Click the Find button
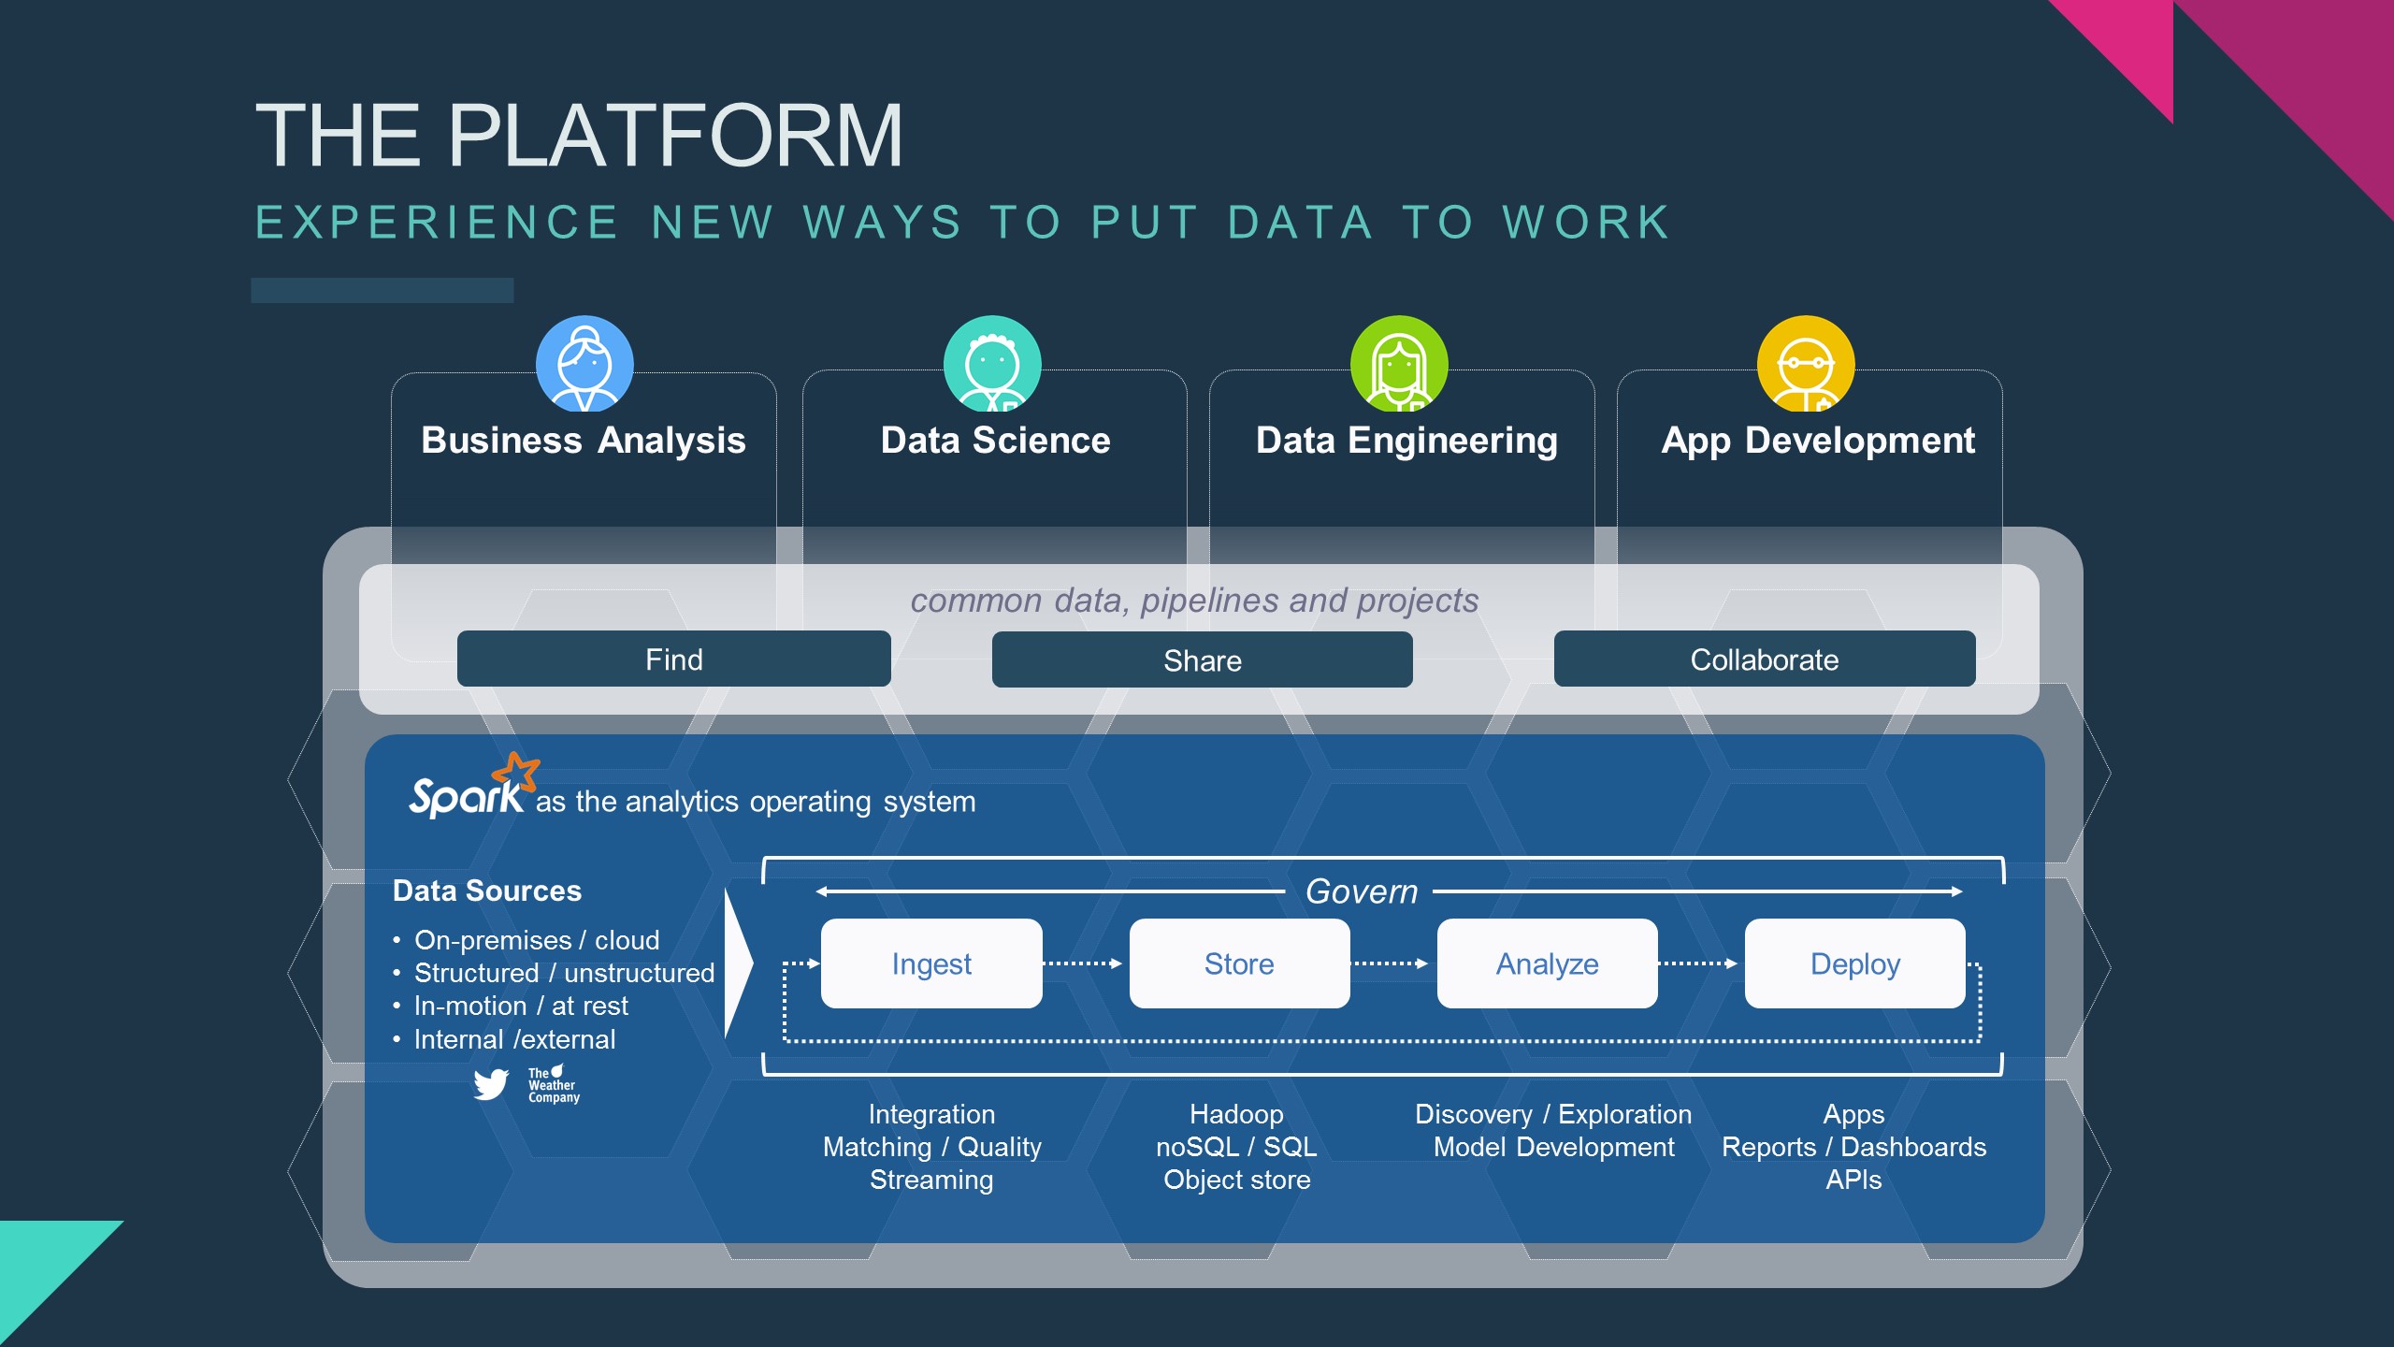[x=673, y=659]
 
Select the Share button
[x=1202, y=660]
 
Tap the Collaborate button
[x=1764, y=659]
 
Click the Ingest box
[x=931, y=963]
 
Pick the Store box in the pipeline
[x=1239, y=963]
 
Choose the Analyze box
[x=1547, y=963]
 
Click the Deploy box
[x=1854, y=963]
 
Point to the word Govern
[x=1361, y=891]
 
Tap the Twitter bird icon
[x=491, y=1084]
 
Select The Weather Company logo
[x=553, y=1085]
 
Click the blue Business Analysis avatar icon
[x=584, y=364]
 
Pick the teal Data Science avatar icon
[x=992, y=364]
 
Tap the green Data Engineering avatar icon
[x=1399, y=364]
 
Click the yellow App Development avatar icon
[x=1806, y=364]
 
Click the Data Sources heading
[x=487, y=891]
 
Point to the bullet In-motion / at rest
[x=521, y=1006]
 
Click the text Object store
[x=1236, y=1180]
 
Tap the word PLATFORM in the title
[x=675, y=137]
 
